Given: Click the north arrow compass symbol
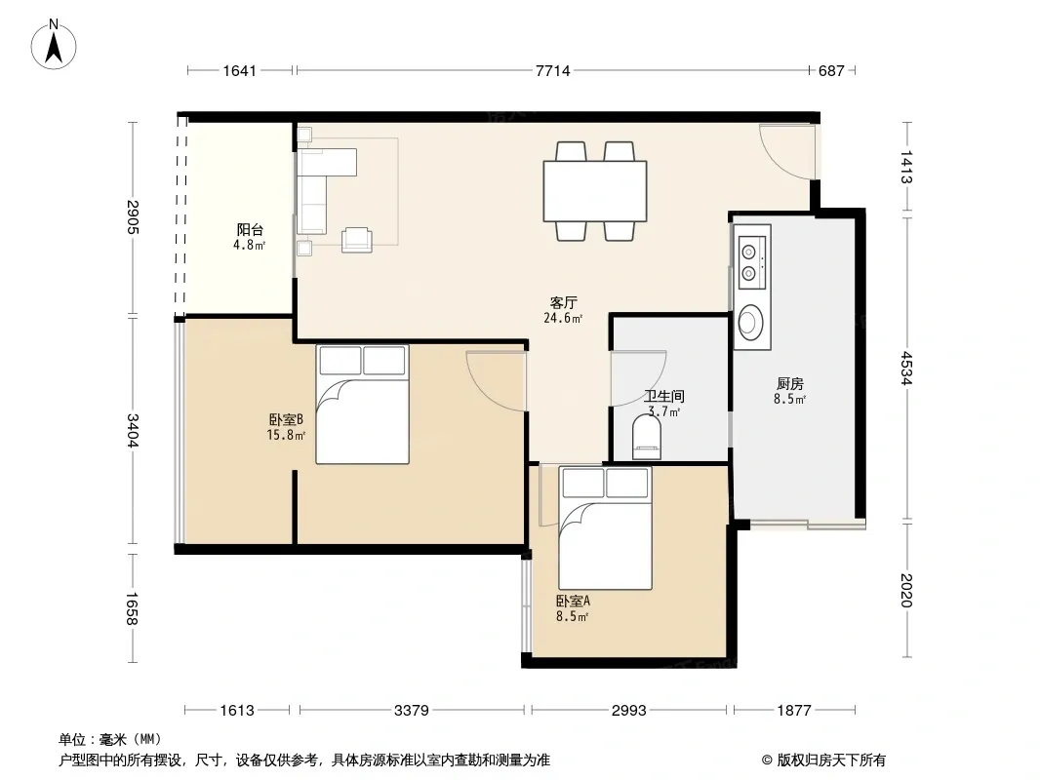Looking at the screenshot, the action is pyautogui.click(x=54, y=45).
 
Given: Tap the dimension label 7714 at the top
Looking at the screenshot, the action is pyautogui.click(x=552, y=71).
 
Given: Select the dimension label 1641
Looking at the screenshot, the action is pyautogui.click(x=239, y=71).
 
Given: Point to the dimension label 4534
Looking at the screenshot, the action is pyautogui.click(x=906, y=368).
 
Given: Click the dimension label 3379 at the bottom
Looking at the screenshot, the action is pyautogui.click(x=412, y=711).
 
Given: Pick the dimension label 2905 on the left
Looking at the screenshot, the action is pyautogui.click(x=132, y=216).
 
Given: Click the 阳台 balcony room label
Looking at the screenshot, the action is pyautogui.click(x=250, y=230).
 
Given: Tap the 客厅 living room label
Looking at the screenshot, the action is pyautogui.click(x=564, y=303).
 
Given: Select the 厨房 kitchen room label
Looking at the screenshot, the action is pyautogui.click(x=790, y=384).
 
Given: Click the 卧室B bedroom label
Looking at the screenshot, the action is pyautogui.click(x=286, y=419).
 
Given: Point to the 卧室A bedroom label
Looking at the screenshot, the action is pyautogui.click(x=573, y=601).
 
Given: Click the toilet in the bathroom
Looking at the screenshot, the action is pyautogui.click(x=648, y=436).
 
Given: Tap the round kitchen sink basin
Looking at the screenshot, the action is pyautogui.click(x=751, y=322).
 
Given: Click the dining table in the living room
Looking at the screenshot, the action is pyautogui.click(x=595, y=191).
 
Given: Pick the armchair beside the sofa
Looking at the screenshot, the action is pyautogui.click(x=357, y=239).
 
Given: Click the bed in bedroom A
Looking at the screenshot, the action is pyautogui.click(x=606, y=527).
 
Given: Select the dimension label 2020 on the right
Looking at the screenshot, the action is pyautogui.click(x=906, y=590).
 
